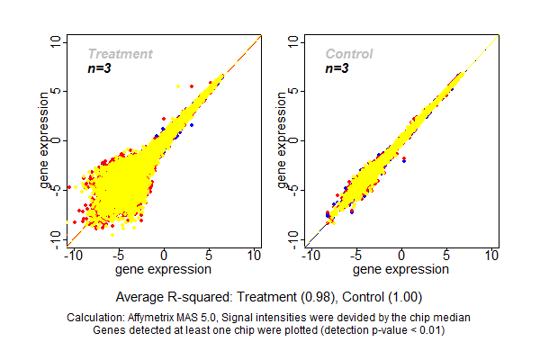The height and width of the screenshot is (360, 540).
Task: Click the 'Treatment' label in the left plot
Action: pos(120,54)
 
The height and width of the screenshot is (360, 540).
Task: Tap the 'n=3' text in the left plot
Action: pos(101,67)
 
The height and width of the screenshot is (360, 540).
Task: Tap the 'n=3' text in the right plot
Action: pos(339,67)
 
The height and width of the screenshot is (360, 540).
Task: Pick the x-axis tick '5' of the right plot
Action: pos(446,256)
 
